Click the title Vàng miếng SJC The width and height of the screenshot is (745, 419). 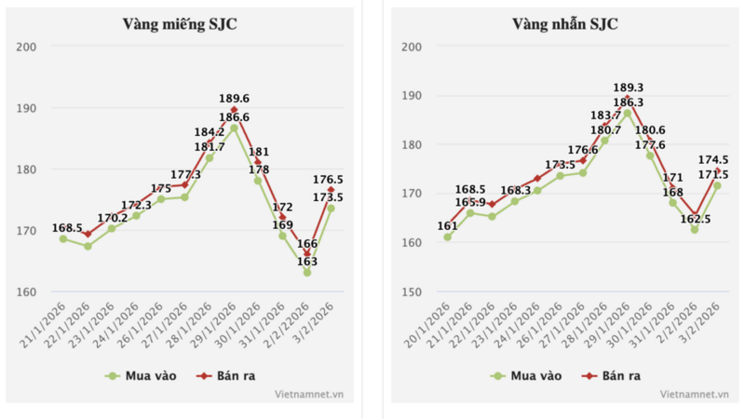180,24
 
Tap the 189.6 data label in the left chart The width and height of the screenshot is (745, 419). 235,99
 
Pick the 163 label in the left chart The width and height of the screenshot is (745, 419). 307,262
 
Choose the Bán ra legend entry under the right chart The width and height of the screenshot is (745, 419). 611,375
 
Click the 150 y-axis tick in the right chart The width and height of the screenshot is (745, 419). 412,291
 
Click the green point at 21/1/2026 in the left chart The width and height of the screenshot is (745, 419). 63,238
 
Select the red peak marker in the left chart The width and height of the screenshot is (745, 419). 234,110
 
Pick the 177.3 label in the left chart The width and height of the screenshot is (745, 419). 185,174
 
